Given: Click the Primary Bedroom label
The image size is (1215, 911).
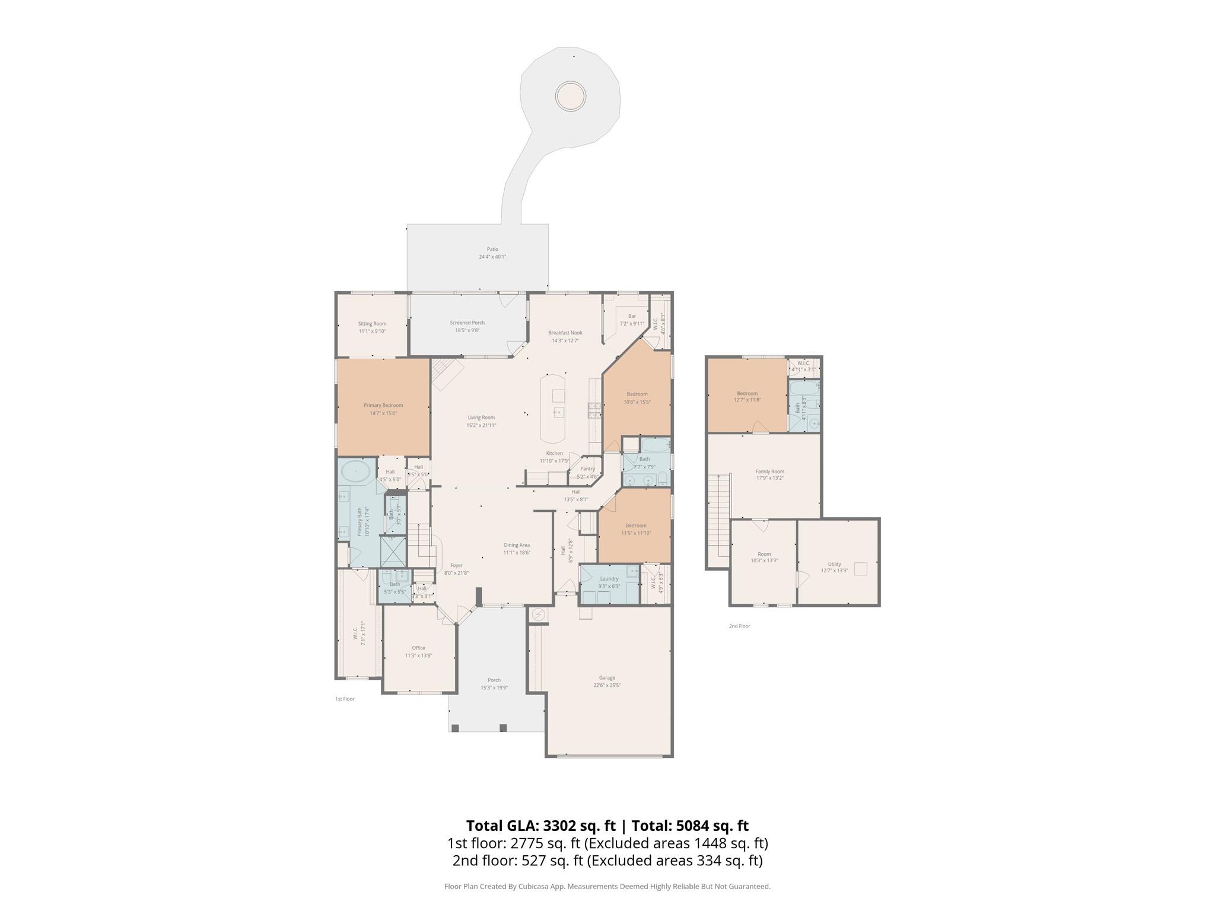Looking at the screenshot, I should (x=383, y=406).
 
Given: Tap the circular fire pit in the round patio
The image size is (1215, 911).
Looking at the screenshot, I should (x=570, y=95).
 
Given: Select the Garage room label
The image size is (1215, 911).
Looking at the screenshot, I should (x=607, y=677).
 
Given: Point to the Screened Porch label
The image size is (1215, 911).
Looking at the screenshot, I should (x=467, y=323).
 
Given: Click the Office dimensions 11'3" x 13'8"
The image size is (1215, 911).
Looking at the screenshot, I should (x=418, y=655).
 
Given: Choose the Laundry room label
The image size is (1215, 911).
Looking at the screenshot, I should (x=609, y=578).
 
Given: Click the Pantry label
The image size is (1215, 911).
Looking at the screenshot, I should (x=587, y=469).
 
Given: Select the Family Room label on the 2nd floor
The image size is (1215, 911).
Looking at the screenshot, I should (x=769, y=472).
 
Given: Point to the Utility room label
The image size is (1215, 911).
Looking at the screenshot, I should (x=834, y=564).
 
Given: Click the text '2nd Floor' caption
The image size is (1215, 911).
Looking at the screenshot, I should (x=739, y=626).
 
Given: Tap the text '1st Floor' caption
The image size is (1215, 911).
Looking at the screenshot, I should (x=345, y=699).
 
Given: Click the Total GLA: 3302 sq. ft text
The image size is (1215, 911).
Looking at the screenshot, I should (x=541, y=826).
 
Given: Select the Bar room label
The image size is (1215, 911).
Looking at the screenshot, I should (x=632, y=316).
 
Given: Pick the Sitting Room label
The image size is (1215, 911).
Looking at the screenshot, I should (x=372, y=324).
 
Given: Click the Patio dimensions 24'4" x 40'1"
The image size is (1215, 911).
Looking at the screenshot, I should (x=492, y=257).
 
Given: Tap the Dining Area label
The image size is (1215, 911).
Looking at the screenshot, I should (x=517, y=545).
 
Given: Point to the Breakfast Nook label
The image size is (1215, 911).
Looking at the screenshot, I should (x=565, y=333).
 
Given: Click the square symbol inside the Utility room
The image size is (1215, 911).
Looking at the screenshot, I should (x=860, y=569).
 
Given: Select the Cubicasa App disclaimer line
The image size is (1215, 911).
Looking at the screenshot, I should (x=607, y=886).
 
